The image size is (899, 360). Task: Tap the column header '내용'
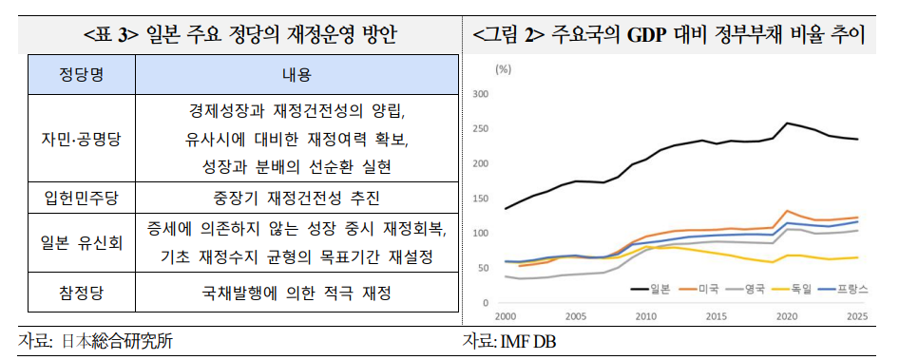click(296, 74)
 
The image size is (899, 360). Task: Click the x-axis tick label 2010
click(646, 315)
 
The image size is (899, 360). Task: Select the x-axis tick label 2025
click(856, 315)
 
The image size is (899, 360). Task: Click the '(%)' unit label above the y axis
click(504, 69)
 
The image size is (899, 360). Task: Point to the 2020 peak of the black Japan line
click(786, 123)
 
